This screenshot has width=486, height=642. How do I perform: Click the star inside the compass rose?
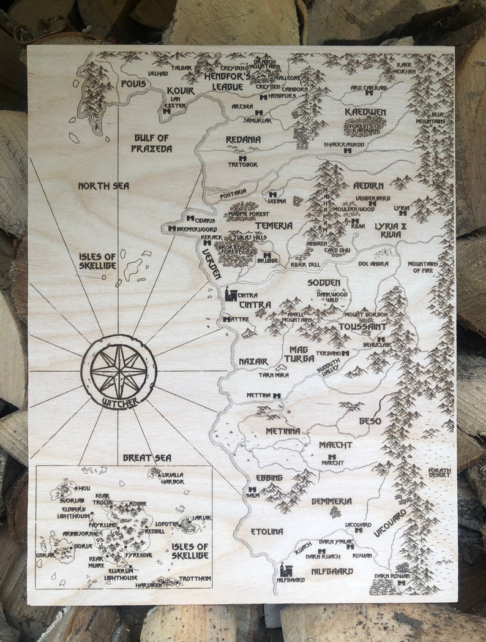[119, 371]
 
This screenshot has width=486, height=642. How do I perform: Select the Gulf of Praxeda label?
[151, 143]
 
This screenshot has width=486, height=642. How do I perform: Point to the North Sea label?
[103, 186]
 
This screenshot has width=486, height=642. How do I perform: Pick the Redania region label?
[243, 140]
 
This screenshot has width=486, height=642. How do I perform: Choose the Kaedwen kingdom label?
[365, 112]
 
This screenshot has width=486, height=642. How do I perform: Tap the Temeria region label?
[274, 225]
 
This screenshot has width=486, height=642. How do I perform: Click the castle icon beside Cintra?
[231, 295]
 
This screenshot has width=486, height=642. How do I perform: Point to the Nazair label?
[253, 361]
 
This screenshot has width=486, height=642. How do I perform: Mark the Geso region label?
[370, 421]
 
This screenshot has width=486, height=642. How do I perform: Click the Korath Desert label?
[439, 472]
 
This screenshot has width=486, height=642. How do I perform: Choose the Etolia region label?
[267, 531]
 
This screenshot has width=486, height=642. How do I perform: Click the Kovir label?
[180, 91]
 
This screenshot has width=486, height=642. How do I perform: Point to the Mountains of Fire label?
[423, 267]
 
